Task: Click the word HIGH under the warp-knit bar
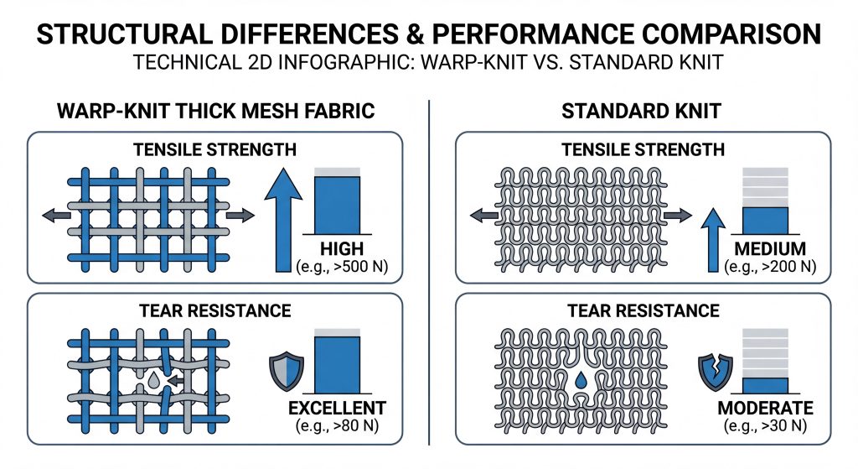click(342, 248)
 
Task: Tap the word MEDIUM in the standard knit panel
click(770, 248)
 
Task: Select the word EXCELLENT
click(337, 409)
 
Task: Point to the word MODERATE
click(765, 409)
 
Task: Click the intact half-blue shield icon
click(287, 372)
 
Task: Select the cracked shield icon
click(716, 372)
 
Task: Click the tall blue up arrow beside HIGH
click(283, 220)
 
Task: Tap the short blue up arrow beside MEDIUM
click(712, 240)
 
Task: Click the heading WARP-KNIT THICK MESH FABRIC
click(215, 112)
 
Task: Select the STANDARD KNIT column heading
click(641, 112)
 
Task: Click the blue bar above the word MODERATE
click(765, 386)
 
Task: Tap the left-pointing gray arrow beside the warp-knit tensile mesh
click(56, 216)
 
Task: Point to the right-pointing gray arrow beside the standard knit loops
click(678, 216)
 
